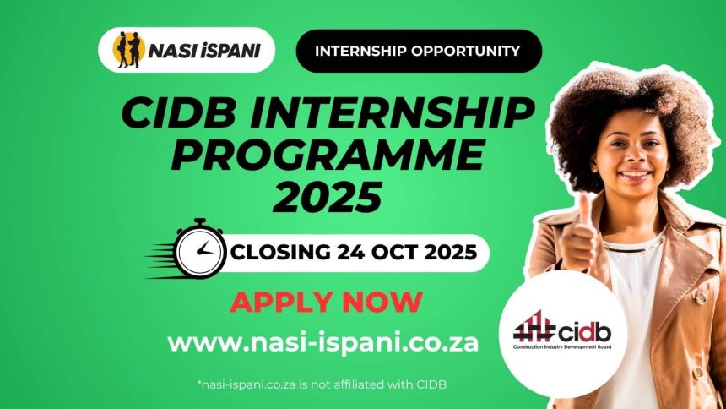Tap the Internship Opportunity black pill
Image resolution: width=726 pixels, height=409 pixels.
pyautogui.click(x=417, y=51)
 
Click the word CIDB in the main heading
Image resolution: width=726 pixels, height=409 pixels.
pyautogui.click(x=175, y=115)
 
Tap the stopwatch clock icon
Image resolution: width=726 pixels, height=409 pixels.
pyautogui.click(x=200, y=249)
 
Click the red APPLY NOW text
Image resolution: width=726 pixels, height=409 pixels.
pyautogui.click(x=326, y=302)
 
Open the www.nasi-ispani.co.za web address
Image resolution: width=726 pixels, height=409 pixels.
pyautogui.click(x=322, y=342)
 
